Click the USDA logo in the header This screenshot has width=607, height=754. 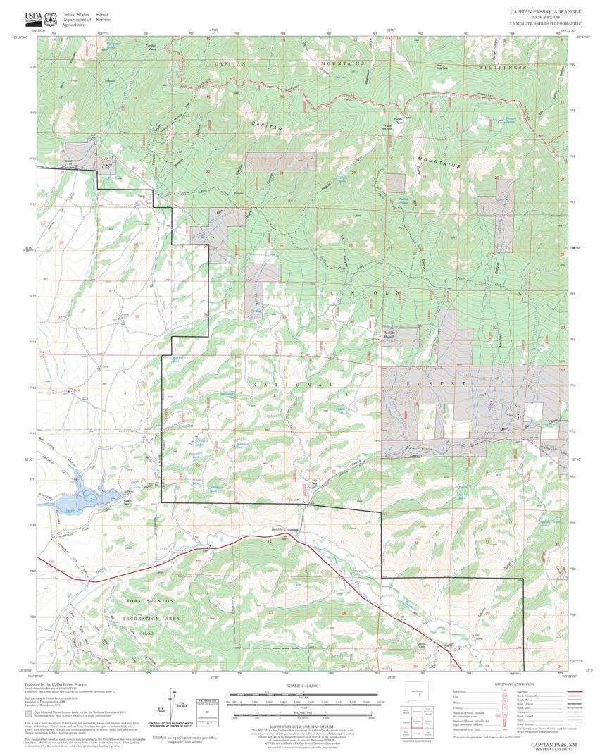[x=33, y=18]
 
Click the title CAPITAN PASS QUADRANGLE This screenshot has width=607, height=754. [x=546, y=12]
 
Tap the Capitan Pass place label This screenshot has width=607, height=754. [x=151, y=47]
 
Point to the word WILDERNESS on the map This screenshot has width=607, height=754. [x=503, y=68]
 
